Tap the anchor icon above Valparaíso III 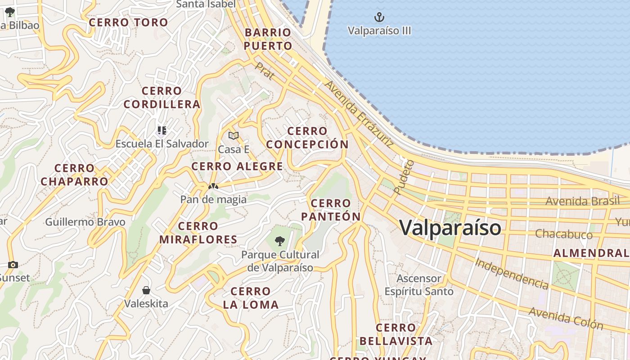[380, 18]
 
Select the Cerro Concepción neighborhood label [307, 138]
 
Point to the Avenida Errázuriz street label [359, 114]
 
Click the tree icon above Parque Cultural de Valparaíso [280, 241]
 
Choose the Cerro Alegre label [237, 166]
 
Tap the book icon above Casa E [233, 135]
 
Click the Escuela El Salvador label [162, 144]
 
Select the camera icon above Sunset [13, 265]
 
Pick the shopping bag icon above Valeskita [146, 290]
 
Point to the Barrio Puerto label [268, 39]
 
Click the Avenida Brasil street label [582, 201]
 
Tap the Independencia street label [512, 274]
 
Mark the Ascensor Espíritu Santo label [419, 285]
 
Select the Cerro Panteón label [331, 210]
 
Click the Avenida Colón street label [566, 318]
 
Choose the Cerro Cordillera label [162, 98]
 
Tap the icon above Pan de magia [213, 186]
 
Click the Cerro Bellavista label [396, 334]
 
